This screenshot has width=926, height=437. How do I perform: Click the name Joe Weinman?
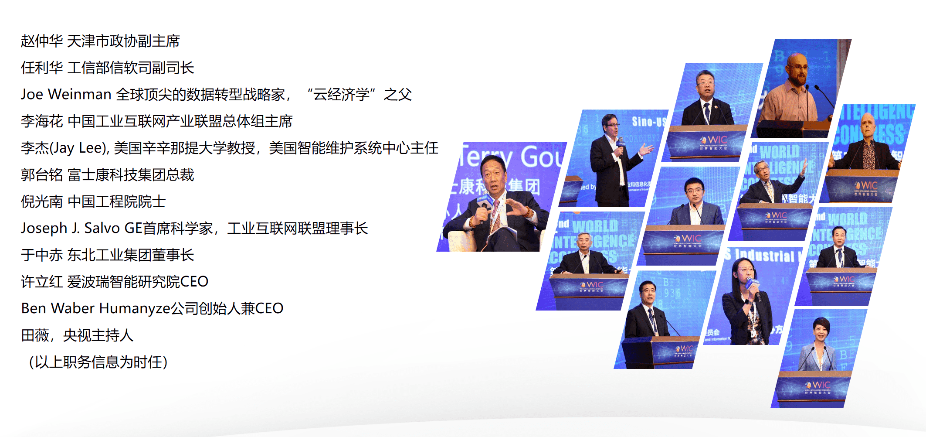66,94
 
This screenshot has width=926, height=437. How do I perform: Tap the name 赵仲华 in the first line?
42,41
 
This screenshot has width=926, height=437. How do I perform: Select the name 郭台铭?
42,175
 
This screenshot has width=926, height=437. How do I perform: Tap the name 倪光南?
42,201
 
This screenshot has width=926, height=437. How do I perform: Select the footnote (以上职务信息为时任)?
98,362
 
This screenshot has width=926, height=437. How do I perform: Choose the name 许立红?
42,282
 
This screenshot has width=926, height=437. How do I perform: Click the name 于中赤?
42,255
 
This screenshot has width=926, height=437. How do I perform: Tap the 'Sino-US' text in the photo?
648,122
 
